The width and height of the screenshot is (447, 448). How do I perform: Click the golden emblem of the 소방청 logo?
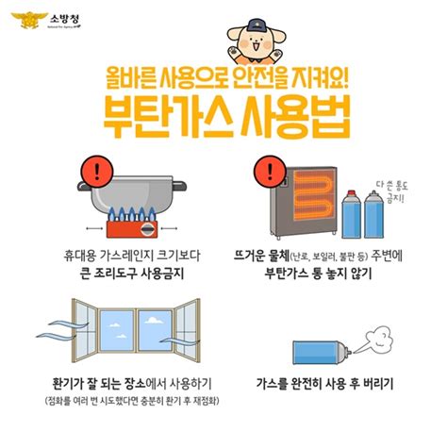(19, 20)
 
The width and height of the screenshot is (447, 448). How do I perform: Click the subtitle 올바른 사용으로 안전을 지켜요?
(224, 78)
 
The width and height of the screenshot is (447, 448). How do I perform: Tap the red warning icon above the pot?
(95, 170)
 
